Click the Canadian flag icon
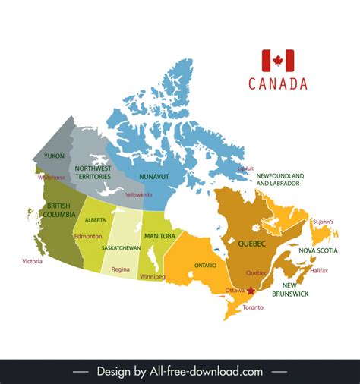(x=277, y=61)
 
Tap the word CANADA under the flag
(x=278, y=83)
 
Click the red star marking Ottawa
(x=250, y=291)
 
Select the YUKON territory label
(x=55, y=156)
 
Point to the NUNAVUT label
(x=154, y=176)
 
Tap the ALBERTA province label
(x=96, y=219)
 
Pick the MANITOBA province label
(x=159, y=236)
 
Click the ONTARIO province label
(x=204, y=266)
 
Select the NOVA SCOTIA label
(x=317, y=250)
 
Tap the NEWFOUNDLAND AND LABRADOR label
(x=279, y=179)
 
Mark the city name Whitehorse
(x=52, y=177)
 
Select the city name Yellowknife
(x=139, y=195)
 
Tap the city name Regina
(x=120, y=269)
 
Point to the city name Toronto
(x=253, y=307)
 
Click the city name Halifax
(x=319, y=270)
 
